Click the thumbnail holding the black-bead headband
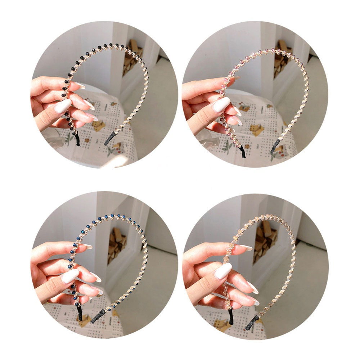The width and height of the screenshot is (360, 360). pyautogui.click(x=104, y=94)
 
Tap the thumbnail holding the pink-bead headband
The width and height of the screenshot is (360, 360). pyautogui.click(x=255, y=94)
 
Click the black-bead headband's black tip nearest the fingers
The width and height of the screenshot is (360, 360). pyautogui.click(x=77, y=140)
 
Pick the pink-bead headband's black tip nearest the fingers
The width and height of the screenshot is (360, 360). pyautogui.click(x=243, y=152)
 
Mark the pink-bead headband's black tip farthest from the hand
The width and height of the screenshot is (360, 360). pyautogui.click(x=275, y=145)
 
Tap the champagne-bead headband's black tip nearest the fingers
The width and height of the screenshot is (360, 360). pyautogui.click(x=231, y=316)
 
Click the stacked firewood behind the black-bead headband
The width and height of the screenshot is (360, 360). pyautogui.click(x=131, y=58)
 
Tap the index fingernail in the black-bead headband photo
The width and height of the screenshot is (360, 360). pyautogui.click(x=80, y=85)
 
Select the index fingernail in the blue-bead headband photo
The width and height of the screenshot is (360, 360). pyautogui.click(x=87, y=247)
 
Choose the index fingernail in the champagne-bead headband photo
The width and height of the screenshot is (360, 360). pyautogui.click(x=246, y=248)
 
